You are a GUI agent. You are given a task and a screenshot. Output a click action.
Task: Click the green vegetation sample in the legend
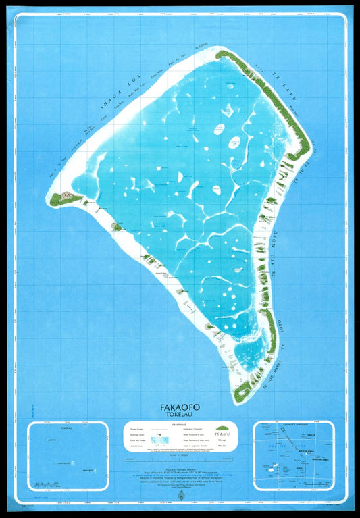pos(220,428)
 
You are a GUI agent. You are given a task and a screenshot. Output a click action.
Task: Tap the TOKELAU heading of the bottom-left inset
pos(66,428)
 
